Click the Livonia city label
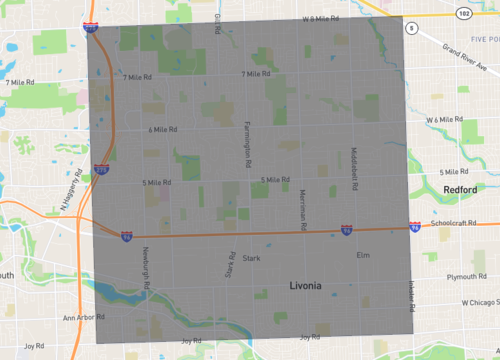point(305,286)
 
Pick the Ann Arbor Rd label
point(83,318)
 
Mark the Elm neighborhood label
point(363,255)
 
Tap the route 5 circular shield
point(410,30)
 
